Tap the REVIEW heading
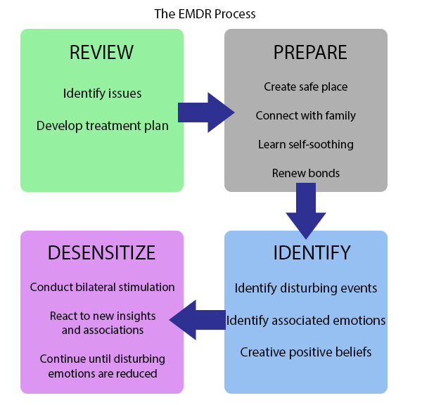(101, 53)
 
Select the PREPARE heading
(309, 53)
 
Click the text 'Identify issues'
(102, 93)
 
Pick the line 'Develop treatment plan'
(102, 126)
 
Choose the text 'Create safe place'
(306, 87)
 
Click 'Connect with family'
(306, 115)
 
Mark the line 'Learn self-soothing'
(306, 144)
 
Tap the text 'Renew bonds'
(306, 173)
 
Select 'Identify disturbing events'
(306, 288)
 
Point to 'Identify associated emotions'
(306, 321)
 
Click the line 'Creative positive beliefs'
(306, 352)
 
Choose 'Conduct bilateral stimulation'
(102, 287)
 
